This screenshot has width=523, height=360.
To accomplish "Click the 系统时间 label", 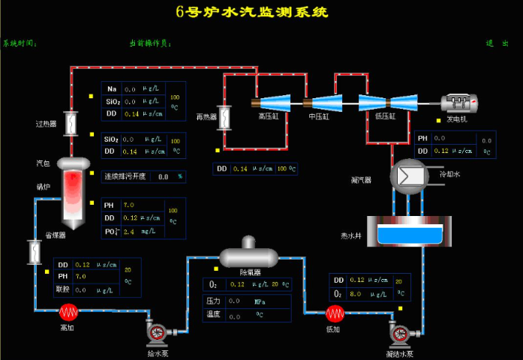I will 20,43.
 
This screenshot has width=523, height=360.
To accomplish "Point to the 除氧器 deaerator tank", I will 248,256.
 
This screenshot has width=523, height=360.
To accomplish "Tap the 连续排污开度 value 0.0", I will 163,177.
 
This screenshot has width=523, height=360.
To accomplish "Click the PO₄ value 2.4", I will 129,231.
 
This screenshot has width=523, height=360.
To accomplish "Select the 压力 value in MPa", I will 233,301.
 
